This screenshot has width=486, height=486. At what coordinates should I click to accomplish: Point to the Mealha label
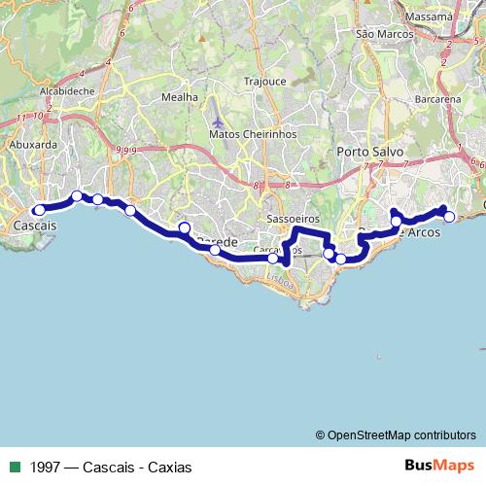coord(180,97)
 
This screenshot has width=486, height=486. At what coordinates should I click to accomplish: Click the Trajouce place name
coord(266,82)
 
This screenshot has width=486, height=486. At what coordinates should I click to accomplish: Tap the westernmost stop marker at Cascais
coord(40,209)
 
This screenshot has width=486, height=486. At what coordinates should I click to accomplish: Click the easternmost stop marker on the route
coord(449,217)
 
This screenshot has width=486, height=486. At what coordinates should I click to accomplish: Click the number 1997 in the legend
coord(48,466)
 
